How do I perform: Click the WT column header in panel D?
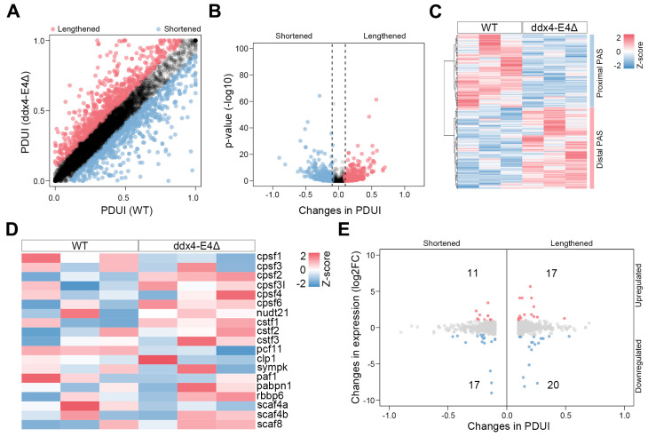[80, 244]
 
